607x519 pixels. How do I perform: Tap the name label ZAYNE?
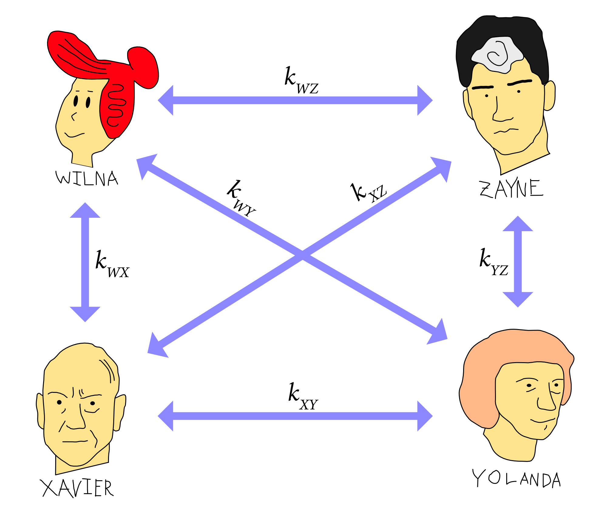tap(511, 189)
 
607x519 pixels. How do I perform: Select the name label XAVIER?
tap(77, 488)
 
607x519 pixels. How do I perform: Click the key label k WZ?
tap(301, 81)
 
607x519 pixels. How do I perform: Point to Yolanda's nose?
tap(546, 403)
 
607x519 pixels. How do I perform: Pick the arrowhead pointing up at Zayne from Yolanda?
tap(518, 224)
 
